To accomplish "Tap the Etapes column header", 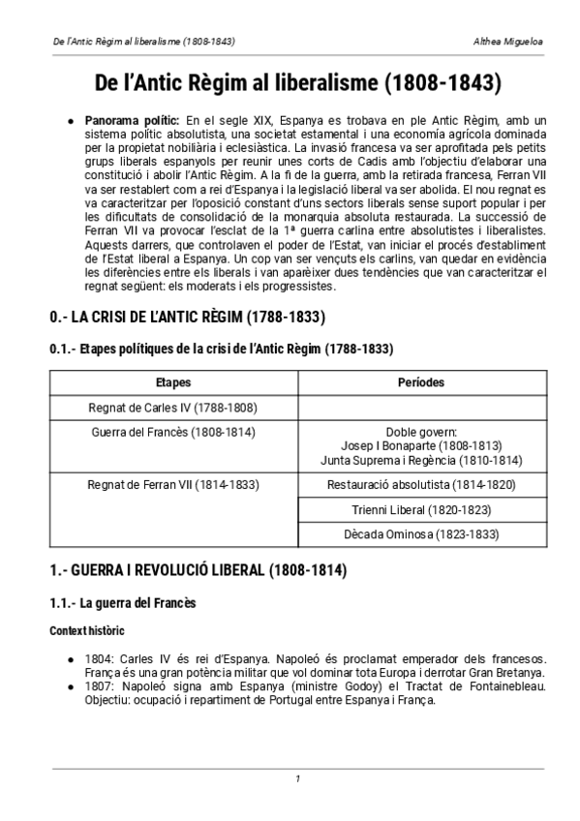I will pyautogui.click(x=173, y=382).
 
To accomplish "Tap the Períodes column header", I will pyautogui.click(x=421, y=382).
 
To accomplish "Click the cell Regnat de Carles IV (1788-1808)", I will pyautogui.click(x=173, y=408).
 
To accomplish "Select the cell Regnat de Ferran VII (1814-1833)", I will pyautogui.click(x=173, y=484).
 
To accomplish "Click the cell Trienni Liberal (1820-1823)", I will pyautogui.click(x=421, y=509).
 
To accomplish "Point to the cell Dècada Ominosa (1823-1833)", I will pyautogui.click(x=421, y=534).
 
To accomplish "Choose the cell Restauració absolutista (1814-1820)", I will pyautogui.click(x=421, y=484).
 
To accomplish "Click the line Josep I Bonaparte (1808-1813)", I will pyautogui.click(x=421, y=446).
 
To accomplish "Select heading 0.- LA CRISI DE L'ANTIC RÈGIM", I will pyautogui.click(x=187, y=318).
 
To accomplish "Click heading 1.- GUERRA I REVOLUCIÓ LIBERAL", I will pyautogui.click(x=198, y=570).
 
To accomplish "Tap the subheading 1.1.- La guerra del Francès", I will pyautogui.click(x=123, y=603).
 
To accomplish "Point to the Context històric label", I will pyautogui.click(x=87, y=630).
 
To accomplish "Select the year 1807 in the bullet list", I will pyautogui.click(x=97, y=687).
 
